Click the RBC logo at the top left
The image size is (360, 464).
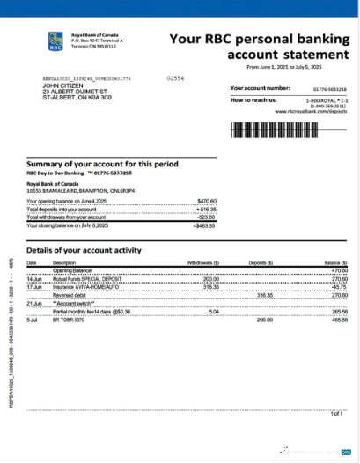(55, 40)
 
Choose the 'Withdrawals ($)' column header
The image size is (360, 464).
(203, 263)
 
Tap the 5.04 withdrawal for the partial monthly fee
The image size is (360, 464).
(213, 311)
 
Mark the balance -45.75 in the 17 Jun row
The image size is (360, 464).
(337, 287)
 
